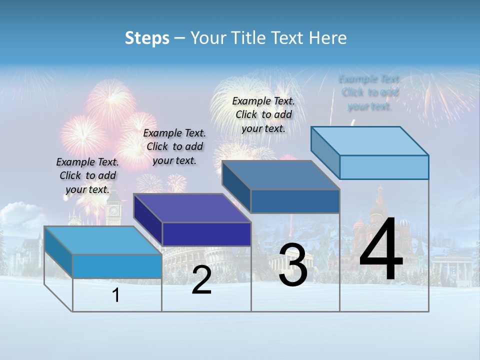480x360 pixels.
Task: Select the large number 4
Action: tap(381, 250)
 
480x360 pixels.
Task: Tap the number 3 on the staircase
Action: tap(293, 265)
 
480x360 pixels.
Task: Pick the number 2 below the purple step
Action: tap(201, 280)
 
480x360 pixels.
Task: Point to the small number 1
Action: tap(116, 295)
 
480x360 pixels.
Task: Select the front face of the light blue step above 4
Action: tap(384, 167)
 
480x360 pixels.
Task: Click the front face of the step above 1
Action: tap(117, 266)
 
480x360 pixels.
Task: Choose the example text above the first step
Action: tap(87, 175)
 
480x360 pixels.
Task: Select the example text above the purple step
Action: tap(174, 146)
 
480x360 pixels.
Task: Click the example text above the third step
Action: tap(263, 114)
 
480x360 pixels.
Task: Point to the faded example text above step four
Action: tap(369, 92)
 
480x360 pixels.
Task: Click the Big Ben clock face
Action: tap(113, 210)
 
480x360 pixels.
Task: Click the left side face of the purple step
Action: tap(148, 219)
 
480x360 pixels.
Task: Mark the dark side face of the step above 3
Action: tap(236, 186)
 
